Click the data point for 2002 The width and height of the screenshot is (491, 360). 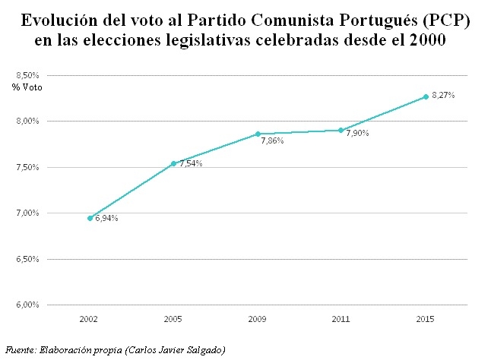tap(90, 218)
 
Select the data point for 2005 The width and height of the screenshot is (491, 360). tap(174, 163)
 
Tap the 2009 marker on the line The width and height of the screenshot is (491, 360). tap(258, 134)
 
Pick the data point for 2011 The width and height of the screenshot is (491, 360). tap(341, 130)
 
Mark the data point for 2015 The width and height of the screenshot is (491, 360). tap(425, 96)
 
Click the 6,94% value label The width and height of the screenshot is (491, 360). tap(107, 219)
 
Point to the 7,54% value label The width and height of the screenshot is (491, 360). tap(192, 163)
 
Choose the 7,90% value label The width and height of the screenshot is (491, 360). tap(358, 133)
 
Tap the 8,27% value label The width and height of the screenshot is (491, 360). tap(444, 95)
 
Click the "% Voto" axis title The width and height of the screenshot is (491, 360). tap(27, 87)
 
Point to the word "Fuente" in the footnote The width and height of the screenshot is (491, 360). tap(20, 349)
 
